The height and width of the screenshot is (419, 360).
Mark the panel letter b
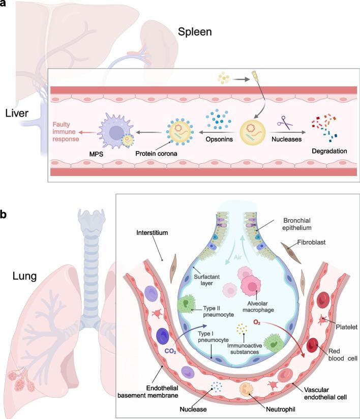[5, 215]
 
